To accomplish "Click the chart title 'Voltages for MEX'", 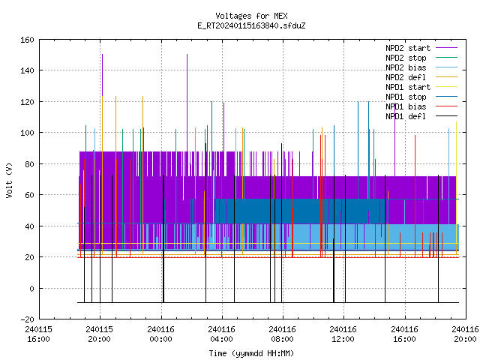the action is click(x=251, y=16).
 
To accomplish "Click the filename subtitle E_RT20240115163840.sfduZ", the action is click(x=251, y=25).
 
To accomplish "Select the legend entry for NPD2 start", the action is click(x=408, y=48).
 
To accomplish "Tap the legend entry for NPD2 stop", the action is click(x=406, y=58).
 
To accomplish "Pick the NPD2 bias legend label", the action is click(x=406, y=67).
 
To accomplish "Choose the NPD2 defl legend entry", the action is click(x=406, y=77).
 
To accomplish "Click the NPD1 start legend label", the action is click(x=408, y=87).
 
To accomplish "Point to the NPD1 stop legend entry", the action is click(x=406, y=97).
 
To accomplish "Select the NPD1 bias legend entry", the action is click(x=406, y=106).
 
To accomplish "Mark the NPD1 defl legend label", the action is click(x=406, y=116).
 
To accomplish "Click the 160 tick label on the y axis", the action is click(x=27, y=40).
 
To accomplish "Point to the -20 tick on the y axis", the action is click(x=27, y=319).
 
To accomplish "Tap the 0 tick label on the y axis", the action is click(x=31, y=289).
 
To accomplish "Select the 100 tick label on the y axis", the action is click(x=27, y=133).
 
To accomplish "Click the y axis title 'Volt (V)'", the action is click(x=9, y=180).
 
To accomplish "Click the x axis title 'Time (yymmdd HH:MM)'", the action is click(x=251, y=353).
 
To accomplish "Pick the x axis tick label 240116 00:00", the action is click(x=160, y=334).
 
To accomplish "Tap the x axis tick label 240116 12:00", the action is click(x=343, y=334).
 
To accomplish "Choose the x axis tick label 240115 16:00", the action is click(x=38, y=334).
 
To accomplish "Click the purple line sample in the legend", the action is click(x=447, y=48).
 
